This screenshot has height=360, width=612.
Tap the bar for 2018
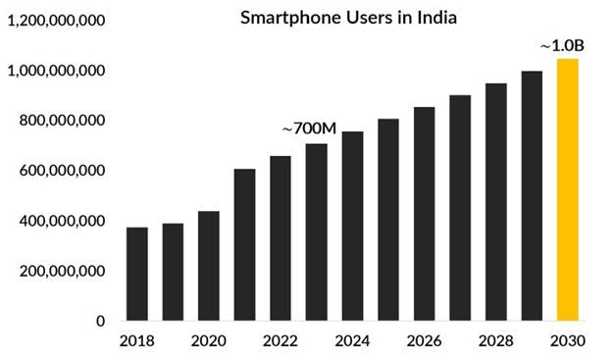point(137,274)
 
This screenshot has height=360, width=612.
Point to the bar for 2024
point(352,226)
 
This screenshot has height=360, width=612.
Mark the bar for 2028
point(496,202)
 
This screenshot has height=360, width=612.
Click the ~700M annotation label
point(309,129)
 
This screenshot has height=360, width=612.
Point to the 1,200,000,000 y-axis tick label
point(57,21)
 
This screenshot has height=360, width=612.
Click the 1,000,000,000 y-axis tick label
point(57,71)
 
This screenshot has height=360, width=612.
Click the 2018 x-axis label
point(137,341)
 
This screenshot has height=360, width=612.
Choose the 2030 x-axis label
point(568,341)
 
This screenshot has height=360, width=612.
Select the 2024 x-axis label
point(352,341)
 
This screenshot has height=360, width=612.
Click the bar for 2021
point(244,245)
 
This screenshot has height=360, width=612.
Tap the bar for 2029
point(532,196)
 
